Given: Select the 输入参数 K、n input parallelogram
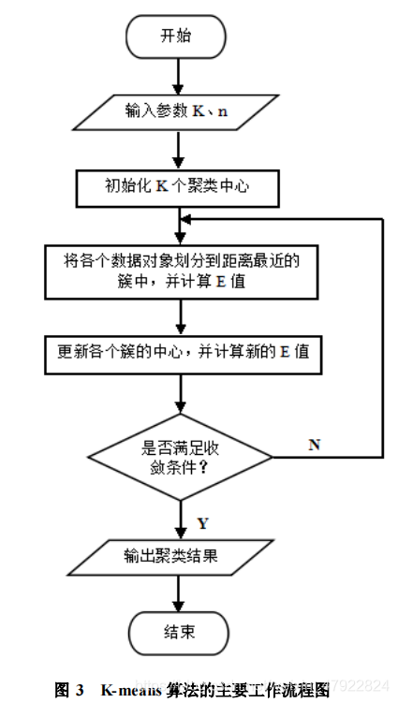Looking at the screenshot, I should click(176, 112).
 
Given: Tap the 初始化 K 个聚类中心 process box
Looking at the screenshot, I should click(177, 187).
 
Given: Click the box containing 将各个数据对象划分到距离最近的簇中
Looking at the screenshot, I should click(177, 271).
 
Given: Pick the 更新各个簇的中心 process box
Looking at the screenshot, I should click(177, 354).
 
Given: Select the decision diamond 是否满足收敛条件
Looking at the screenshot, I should click(177, 456).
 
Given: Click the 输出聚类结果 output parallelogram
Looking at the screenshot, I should click(177, 556).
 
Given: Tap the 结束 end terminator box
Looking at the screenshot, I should click(177, 632).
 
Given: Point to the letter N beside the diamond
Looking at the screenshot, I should click(314, 445).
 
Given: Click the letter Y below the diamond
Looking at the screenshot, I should click(203, 520).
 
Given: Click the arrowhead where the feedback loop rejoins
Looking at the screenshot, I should click(184, 218).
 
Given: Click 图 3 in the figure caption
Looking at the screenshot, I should click(70, 691).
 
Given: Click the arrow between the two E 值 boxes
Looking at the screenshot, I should click(177, 315).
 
